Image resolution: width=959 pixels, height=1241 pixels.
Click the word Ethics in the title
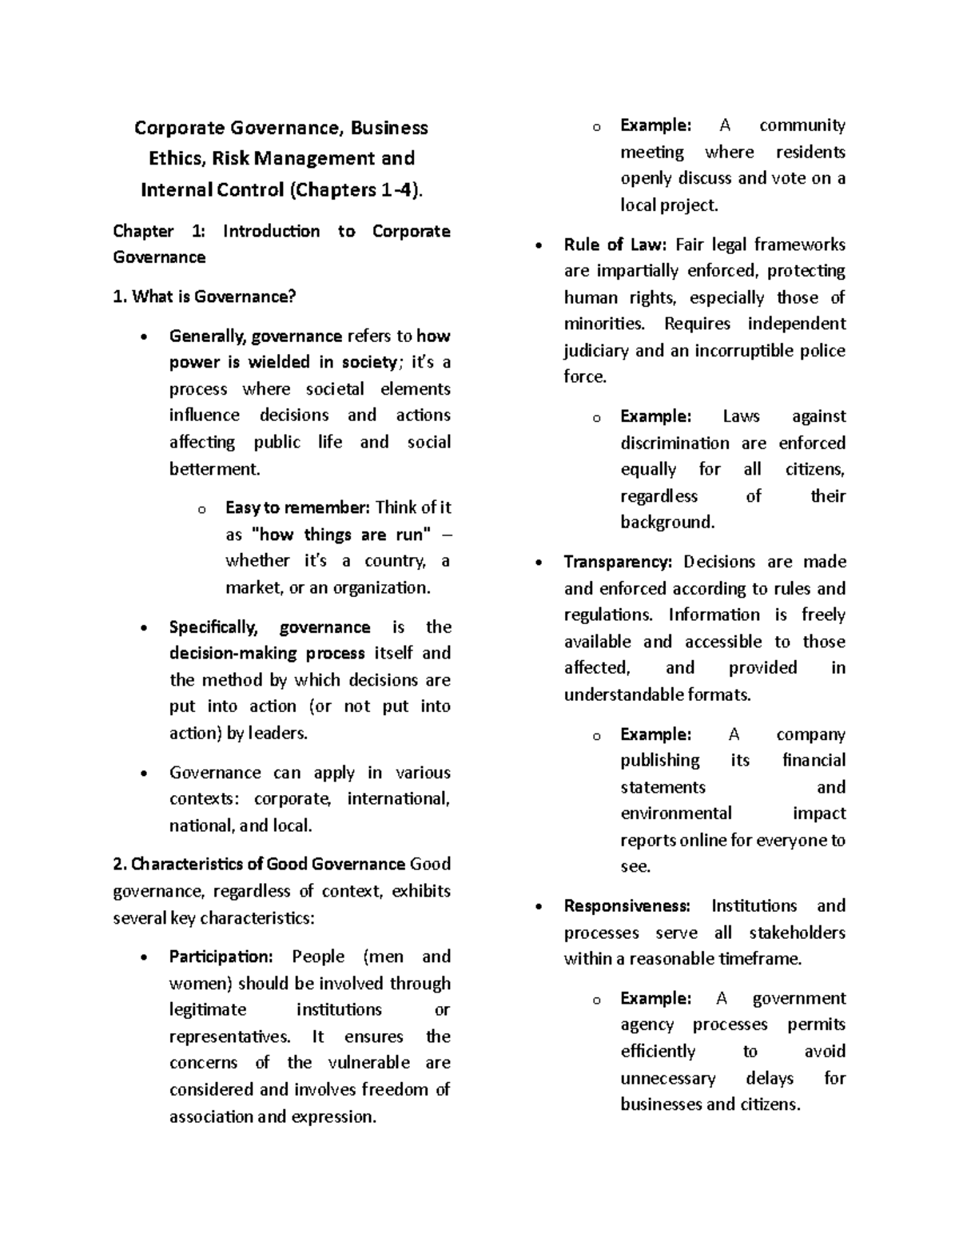pyautogui.click(x=177, y=158)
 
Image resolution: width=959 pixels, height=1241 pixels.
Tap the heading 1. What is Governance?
pyautogui.click(x=205, y=296)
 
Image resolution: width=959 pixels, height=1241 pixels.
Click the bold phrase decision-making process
pyautogui.click(x=267, y=654)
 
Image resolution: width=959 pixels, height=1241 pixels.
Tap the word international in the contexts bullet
pyautogui.click(x=398, y=799)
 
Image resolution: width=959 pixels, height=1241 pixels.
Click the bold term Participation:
pyautogui.click(x=221, y=957)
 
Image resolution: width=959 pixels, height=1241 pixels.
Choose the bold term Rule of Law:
pyautogui.click(x=615, y=245)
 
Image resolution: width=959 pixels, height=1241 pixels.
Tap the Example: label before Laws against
pyautogui.click(x=655, y=416)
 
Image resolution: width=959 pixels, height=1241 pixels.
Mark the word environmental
pyautogui.click(x=675, y=813)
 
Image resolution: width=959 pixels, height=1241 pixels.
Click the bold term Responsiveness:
pyautogui.click(x=627, y=906)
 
